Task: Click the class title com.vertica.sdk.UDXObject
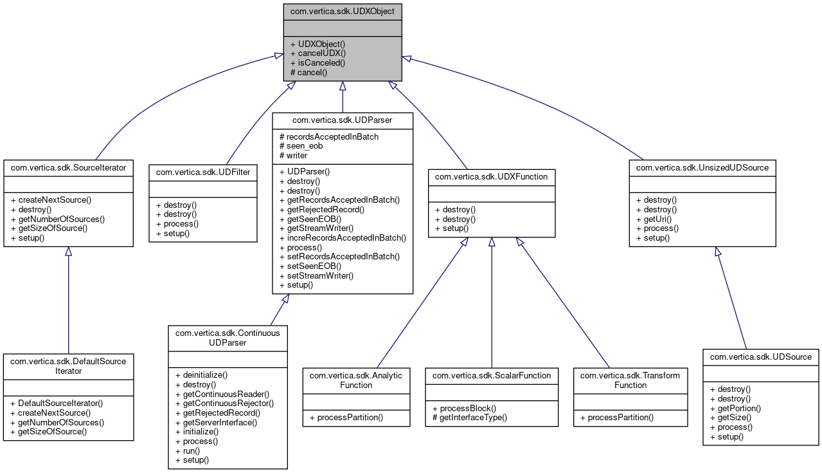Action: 343,11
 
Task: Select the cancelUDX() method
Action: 318,53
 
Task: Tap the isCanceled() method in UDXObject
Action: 317,63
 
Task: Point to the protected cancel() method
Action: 309,73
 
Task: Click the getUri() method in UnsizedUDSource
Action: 654,219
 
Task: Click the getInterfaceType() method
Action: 469,418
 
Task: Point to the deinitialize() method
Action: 201,374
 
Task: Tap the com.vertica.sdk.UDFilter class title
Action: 203,172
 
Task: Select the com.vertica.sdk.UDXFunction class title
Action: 492,176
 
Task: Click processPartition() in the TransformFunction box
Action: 617,418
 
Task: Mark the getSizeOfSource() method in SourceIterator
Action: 49,228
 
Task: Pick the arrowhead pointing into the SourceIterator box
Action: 68,252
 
